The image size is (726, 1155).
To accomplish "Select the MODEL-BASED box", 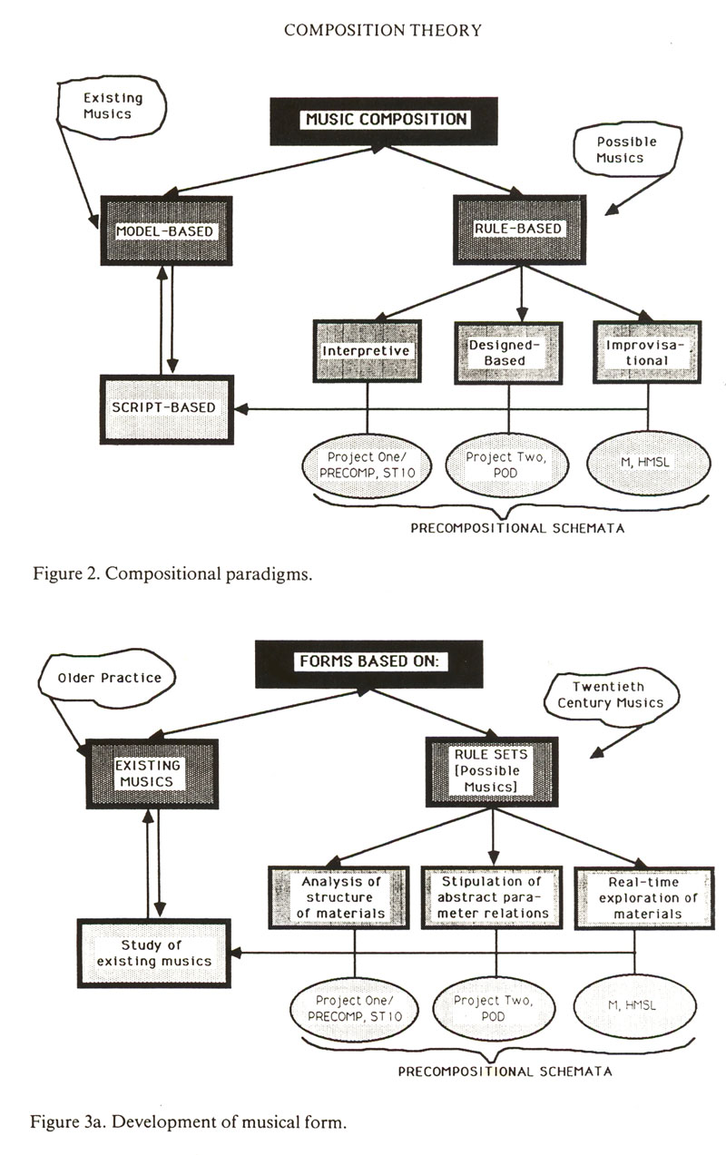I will pos(165,231).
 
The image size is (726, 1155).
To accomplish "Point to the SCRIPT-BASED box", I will pos(166,407).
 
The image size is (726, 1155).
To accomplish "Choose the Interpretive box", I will pos(367,351).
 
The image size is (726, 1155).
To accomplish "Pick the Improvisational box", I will pos(648,352).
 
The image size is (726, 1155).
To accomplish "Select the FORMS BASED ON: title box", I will pos(368,661).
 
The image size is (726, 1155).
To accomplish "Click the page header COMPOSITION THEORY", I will pos(382,31).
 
